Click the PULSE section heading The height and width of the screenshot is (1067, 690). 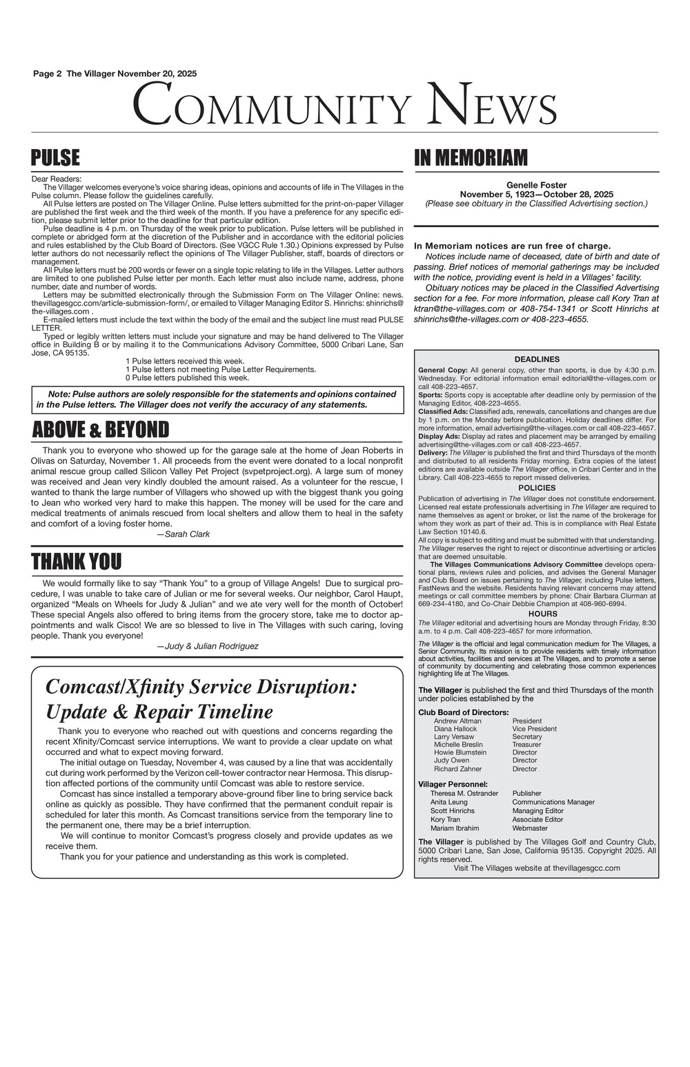(x=56, y=158)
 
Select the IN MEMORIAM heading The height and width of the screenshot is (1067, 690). (x=471, y=158)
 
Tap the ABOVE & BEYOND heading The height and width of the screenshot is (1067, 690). (x=101, y=430)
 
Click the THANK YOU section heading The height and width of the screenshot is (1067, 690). (x=76, y=562)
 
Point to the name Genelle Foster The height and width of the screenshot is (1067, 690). (x=536, y=185)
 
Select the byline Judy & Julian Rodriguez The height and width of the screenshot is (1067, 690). (x=208, y=646)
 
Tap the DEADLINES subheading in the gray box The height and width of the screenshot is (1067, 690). (x=537, y=359)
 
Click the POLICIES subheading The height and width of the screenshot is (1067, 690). (x=537, y=488)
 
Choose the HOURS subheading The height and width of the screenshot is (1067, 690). (x=537, y=614)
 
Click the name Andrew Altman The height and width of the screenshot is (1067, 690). (x=457, y=721)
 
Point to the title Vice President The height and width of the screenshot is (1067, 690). (x=534, y=729)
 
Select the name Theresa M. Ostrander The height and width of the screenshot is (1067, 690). (x=464, y=794)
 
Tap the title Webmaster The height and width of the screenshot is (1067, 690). (x=530, y=828)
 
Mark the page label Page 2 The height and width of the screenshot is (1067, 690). (x=48, y=74)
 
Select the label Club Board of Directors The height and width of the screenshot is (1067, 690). (x=464, y=712)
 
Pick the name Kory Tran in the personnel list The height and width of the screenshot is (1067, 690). (x=445, y=819)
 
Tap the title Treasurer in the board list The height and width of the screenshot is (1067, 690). (x=526, y=745)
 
